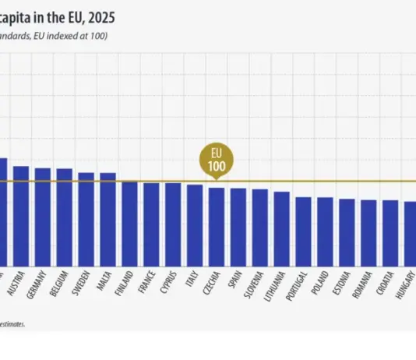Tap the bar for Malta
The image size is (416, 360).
(108, 219)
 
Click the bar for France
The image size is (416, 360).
(151, 224)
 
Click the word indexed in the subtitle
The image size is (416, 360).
(66, 37)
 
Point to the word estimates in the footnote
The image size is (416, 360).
(12, 323)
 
